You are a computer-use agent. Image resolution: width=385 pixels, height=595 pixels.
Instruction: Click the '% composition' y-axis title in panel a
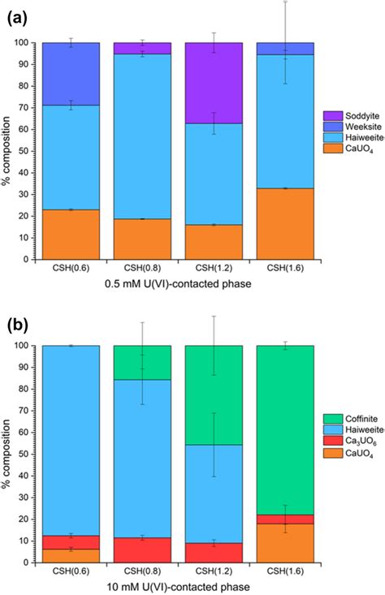click(x=9, y=150)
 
